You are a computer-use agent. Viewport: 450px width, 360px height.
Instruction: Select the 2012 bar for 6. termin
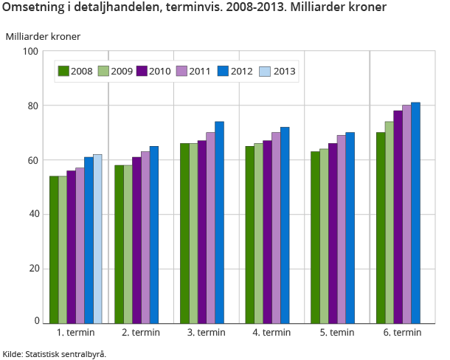[x=415, y=212]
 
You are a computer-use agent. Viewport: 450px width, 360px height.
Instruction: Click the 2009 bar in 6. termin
[x=389, y=222]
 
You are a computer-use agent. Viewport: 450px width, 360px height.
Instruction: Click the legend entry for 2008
[x=76, y=71]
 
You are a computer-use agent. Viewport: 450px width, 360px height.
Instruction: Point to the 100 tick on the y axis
[x=30, y=51]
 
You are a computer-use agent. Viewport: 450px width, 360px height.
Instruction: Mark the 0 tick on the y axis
[x=35, y=322]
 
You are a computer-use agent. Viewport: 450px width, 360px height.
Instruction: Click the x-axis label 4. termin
[x=271, y=333]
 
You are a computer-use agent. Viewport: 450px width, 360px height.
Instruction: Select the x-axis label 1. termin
[x=76, y=333]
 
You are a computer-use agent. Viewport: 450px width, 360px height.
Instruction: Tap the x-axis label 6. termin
[x=402, y=333]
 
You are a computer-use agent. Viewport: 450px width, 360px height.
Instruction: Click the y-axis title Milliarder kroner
[x=43, y=36]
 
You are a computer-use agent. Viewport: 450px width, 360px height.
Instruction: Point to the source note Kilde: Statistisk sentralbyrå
[x=55, y=353]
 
